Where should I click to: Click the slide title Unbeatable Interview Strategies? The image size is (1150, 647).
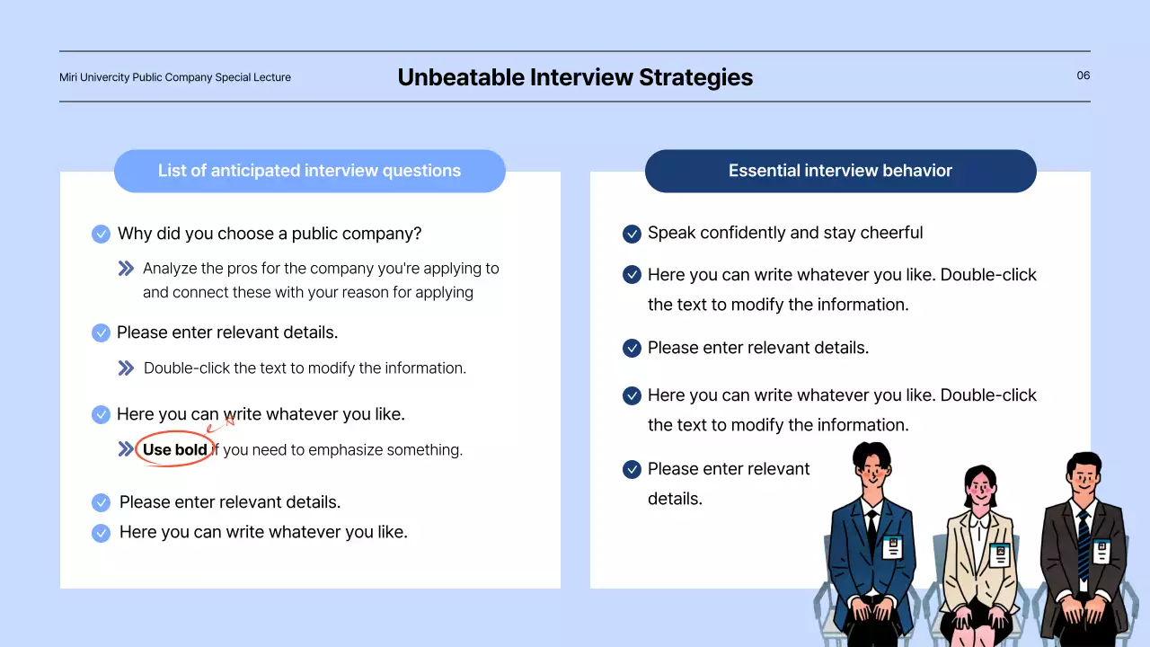coord(575,77)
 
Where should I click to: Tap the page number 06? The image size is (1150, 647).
coord(1084,75)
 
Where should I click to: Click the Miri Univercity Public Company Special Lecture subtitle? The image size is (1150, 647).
coord(175,77)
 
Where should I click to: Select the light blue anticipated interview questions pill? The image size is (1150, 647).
coord(309,171)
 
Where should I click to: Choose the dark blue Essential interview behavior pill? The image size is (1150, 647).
coord(840,171)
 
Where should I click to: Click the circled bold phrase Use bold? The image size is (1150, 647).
coord(175,449)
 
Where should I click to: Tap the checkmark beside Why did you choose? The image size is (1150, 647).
coord(102,235)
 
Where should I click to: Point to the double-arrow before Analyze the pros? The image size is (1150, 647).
coord(126,268)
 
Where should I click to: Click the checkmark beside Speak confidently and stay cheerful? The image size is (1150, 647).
coord(632,234)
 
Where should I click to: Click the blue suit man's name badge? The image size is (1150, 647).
coord(892,546)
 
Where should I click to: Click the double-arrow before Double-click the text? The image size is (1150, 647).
coord(126,368)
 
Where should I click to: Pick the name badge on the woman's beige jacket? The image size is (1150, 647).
coord(1000,554)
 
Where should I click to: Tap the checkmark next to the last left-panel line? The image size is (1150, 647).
coord(102,533)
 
